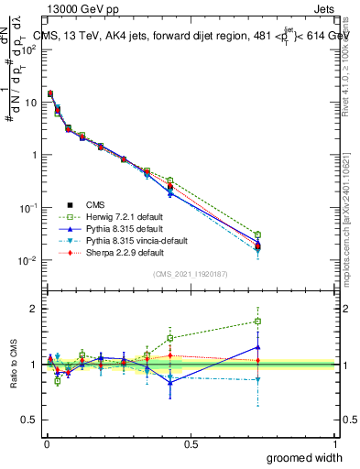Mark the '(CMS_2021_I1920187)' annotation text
point(190,274)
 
